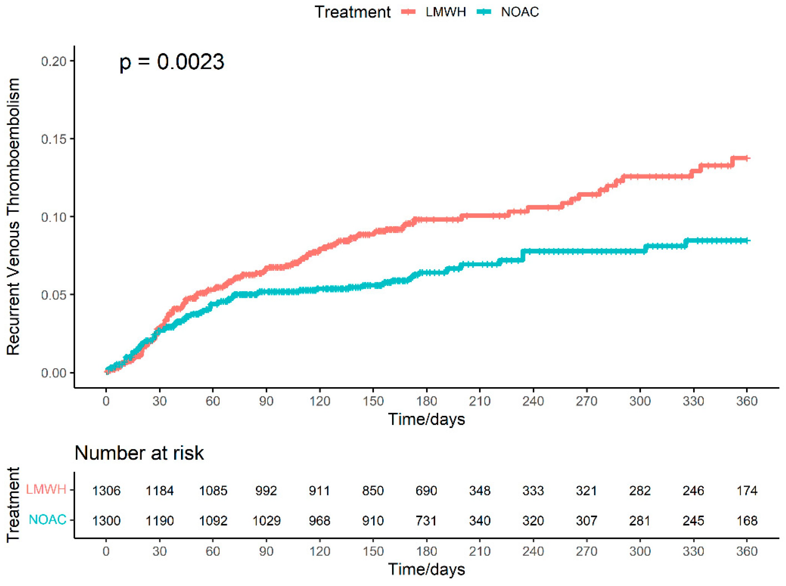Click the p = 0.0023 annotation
click(x=172, y=62)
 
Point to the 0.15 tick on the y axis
click(x=54, y=139)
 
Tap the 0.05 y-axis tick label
click(x=54, y=295)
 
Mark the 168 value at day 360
click(x=747, y=521)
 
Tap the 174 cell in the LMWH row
click(x=747, y=491)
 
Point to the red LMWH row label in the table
click(x=46, y=489)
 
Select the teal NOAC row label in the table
click(x=47, y=520)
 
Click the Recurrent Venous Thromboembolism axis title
click(x=14, y=216)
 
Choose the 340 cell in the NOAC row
click(x=479, y=521)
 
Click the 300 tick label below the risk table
click(x=640, y=551)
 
